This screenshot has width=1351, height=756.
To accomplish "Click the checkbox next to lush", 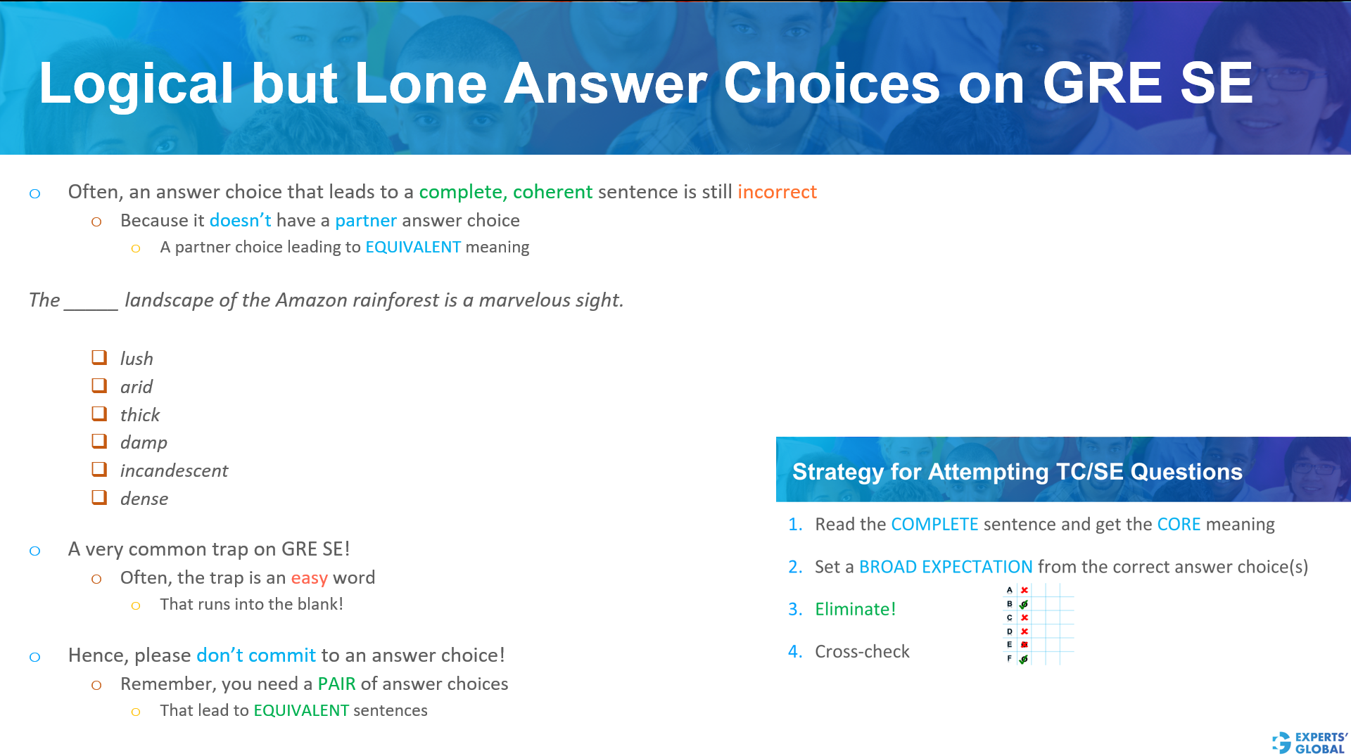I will click(x=99, y=357).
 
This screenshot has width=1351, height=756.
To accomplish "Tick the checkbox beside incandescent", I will click(x=99, y=469).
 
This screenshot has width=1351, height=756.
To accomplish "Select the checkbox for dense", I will click(x=99, y=497).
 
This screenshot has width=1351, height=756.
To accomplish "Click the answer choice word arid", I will click(x=136, y=387).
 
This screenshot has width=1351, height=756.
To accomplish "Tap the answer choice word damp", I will click(x=144, y=442).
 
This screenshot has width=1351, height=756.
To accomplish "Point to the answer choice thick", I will click(x=139, y=415).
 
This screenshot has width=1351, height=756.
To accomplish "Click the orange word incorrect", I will click(x=777, y=192).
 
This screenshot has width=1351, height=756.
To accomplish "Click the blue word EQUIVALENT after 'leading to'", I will click(x=413, y=247).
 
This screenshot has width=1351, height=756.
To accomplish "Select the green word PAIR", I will click(x=336, y=684).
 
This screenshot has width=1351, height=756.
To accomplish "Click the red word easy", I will click(x=309, y=578).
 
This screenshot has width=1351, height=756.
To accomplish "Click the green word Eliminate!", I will click(x=855, y=609).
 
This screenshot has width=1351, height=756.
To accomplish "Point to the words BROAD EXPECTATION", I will click(x=946, y=567).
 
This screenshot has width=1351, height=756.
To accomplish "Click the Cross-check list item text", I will click(x=862, y=652).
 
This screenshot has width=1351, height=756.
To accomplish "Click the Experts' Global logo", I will click(x=1309, y=742).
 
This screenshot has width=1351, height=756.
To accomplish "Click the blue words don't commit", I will click(x=256, y=655).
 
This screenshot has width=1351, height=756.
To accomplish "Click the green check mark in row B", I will click(x=1024, y=604).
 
